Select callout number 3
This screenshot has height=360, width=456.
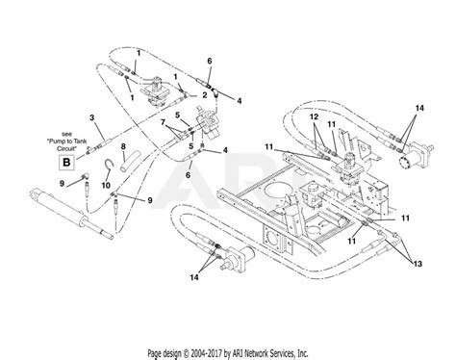pyautogui.click(x=91, y=117)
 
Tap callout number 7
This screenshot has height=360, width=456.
pyautogui.click(x=164, y=123)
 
